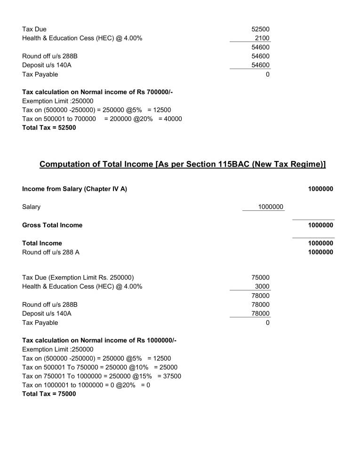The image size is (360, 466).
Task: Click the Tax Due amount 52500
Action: point(260,29)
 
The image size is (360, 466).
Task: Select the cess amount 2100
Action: point(262,38)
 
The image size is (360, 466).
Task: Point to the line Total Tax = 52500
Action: point(49,128)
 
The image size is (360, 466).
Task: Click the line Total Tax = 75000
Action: point(49,394)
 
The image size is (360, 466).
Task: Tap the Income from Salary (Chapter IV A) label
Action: point(74,189)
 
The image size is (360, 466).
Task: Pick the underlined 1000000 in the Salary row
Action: point(270,207)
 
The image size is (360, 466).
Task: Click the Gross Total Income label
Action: point(52,225)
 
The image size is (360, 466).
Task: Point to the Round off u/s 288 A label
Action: point(51,252)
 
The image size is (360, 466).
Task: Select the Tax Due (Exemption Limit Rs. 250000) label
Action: point(81,278)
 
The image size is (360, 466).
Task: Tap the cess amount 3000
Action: point(262,287)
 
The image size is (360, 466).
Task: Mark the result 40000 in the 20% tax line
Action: point(172,119)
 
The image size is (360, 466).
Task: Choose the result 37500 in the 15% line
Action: point(171,376)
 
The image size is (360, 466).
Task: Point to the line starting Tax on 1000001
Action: point(86,385)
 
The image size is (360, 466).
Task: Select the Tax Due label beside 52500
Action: point(34,29)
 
